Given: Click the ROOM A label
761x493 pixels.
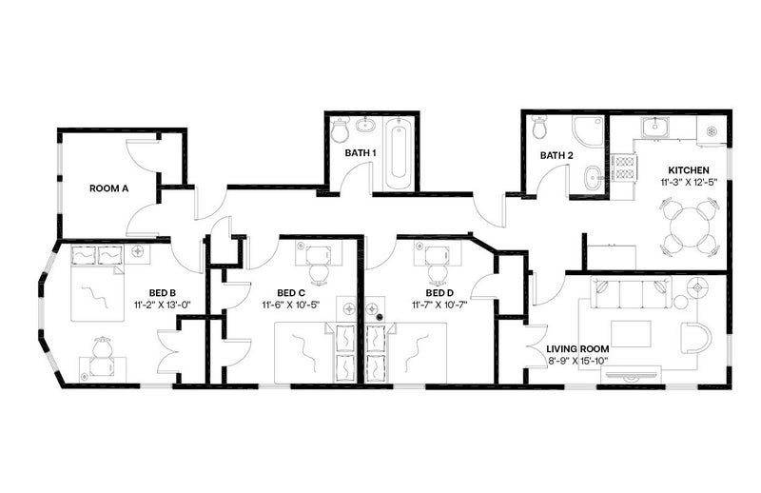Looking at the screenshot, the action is [x=108, y=188].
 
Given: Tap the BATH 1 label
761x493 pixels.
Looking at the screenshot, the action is [x=361, y=153].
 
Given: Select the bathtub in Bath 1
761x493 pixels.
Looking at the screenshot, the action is [x=399, y=152].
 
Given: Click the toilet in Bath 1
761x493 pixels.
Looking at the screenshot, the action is [x=340, y=130].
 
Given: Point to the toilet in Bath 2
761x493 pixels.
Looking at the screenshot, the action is [x=539, y=127].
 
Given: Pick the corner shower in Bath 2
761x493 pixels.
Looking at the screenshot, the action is [x=587, y=131].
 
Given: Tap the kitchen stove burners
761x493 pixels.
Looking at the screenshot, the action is [x=623, y=168].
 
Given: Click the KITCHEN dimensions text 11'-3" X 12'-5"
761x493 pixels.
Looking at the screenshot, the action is [x=688, y=183].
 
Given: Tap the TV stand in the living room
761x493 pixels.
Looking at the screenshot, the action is [x=631, y=375].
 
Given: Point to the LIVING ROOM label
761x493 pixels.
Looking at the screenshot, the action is [x=577, y=348].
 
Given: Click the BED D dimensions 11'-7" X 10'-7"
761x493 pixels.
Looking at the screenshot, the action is [x=439, y=305].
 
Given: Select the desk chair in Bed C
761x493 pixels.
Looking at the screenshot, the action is [x=319, y=273].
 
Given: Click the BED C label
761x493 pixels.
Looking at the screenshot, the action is [x=291, y=293].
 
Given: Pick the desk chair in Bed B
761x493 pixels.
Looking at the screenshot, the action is [x=103, y=347].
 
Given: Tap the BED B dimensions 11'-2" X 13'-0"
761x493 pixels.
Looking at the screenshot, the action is [x=162, y=305].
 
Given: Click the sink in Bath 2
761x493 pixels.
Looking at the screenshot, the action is [x=592, y=177].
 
